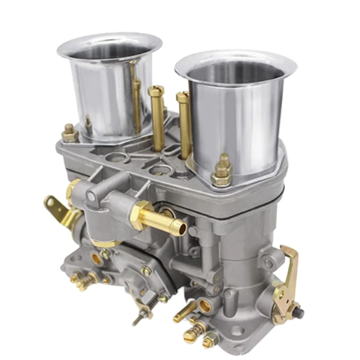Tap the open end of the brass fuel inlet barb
181,227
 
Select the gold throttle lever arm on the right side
288,270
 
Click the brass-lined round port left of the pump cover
96,258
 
